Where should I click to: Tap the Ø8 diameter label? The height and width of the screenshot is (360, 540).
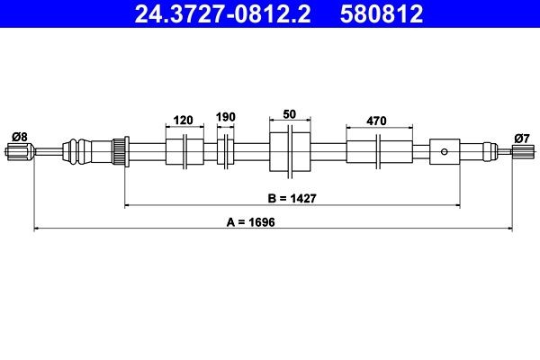(18, 136)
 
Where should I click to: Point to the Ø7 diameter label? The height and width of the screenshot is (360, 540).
(521, 137)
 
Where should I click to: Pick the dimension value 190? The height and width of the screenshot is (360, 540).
(225, 118)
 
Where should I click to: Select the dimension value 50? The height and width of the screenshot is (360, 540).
(290, 116)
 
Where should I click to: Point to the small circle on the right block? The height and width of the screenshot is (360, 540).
(444, 151)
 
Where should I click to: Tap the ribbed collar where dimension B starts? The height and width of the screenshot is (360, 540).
(117, 150)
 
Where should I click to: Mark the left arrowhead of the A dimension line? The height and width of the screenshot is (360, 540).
(37, 229)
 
